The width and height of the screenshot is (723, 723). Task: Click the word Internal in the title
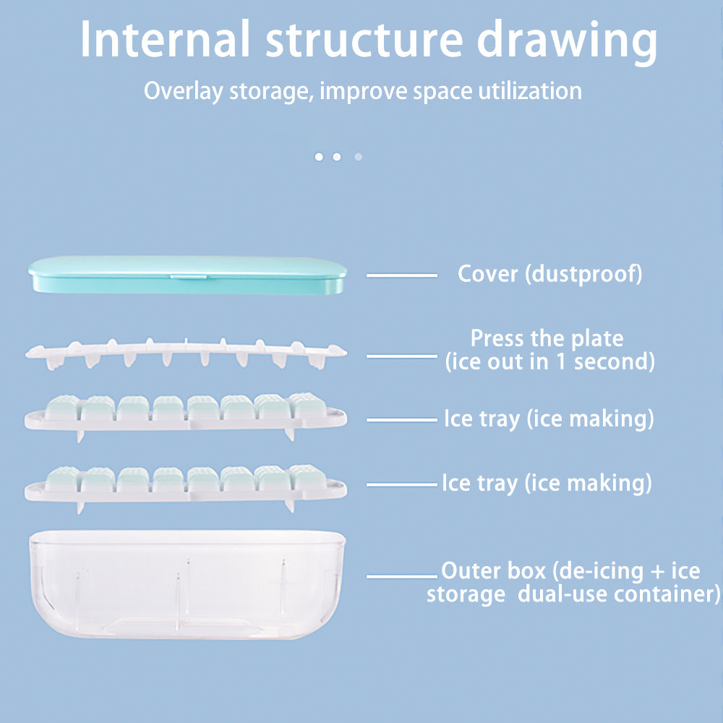165,40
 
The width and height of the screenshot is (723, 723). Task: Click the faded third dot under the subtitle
358,156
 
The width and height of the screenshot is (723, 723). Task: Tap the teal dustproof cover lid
108,275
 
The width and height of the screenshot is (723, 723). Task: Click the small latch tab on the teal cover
187,275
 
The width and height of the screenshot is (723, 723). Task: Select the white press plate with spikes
186,352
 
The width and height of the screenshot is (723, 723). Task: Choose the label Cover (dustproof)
549,274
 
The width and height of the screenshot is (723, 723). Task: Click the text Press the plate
547,338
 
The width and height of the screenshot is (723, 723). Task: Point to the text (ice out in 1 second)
549,361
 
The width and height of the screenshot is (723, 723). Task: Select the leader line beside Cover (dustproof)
401,275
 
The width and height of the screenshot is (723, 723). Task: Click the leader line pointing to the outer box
401,576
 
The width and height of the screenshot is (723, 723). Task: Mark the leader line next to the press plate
401,356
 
